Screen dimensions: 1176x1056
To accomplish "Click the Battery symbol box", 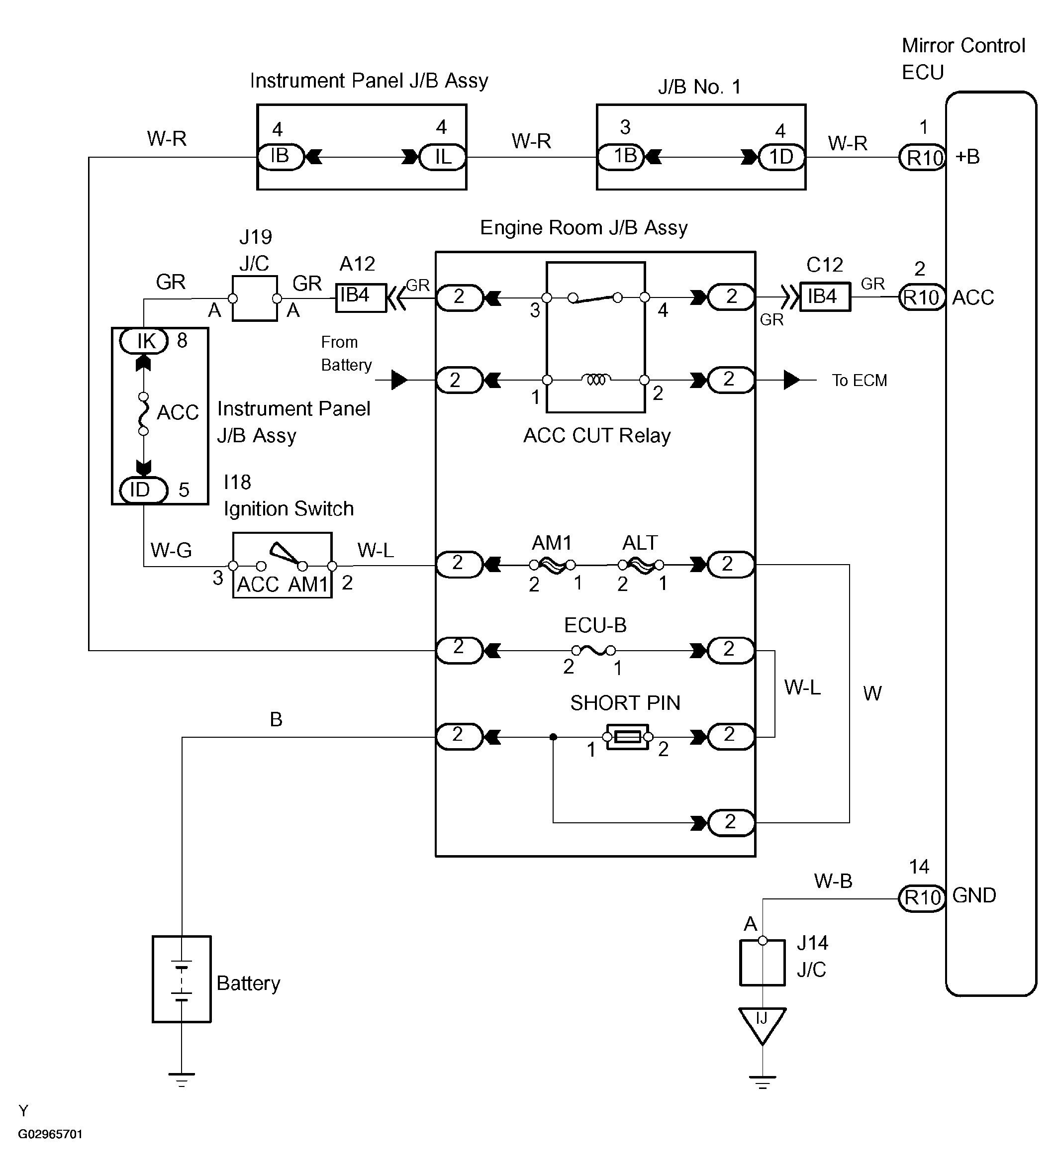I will click(x=182, y=981).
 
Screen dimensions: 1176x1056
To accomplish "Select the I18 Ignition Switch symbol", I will click(x=283, y=565).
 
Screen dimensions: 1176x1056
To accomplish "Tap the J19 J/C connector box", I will click(x=255, y=298).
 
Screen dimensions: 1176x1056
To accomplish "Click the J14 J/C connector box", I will click(x=763, y=963).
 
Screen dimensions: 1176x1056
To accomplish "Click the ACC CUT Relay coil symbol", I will click(x=596, y=380).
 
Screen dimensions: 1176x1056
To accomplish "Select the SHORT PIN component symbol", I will click(x=627, y=737).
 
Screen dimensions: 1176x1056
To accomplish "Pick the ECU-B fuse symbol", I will click(x=593, y=650).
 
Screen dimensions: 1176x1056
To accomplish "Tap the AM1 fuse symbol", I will click(x=552, y=565).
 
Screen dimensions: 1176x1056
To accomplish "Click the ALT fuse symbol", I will click(x=641, y=565).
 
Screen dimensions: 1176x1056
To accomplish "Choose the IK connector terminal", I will click(x=144, y=341).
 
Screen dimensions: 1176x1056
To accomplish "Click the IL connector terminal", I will click(x=442, y=157).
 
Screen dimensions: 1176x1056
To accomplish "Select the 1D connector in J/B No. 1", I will click(x=781, y=157).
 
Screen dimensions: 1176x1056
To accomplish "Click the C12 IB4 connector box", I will click(x=825, y=297).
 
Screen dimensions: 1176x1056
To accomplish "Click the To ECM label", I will click(x=860, y=381).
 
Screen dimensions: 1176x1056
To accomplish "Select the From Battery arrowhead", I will click(x=400, y=380).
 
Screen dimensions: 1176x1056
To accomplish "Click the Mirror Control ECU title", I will click(x=963, y=59).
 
